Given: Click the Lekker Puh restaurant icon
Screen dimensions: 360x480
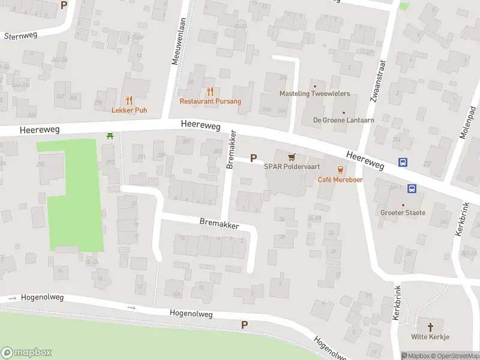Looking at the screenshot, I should point(129,100).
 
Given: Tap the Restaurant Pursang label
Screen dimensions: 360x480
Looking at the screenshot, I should point(210,101).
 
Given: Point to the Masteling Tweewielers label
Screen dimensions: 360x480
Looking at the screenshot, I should point(314,94).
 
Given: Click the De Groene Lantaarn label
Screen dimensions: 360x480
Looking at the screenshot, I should point(343,120).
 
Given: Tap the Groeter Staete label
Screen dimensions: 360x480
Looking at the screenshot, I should point(403,212).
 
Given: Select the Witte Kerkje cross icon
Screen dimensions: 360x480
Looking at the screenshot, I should point(430,327).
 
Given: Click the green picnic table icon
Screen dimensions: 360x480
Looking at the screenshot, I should point(110,137).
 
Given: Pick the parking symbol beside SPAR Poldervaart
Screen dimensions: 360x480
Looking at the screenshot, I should point(253,158).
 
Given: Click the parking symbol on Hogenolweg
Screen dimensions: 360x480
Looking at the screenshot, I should point(244,325).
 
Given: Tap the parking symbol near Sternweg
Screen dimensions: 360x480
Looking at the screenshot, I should point(64,5).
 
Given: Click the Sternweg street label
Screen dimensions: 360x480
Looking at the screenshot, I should point(20,35).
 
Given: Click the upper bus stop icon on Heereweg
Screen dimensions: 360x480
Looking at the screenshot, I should point(403,163).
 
